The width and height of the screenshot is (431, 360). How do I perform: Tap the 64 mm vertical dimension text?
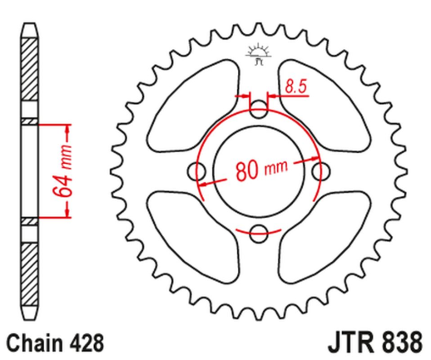pyautogui.click(x=58, y=172)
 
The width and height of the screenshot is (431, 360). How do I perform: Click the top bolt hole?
pyautogui.click(x=259, y=110)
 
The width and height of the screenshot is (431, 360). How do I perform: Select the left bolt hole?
pyautogui.click(x=198, y=170)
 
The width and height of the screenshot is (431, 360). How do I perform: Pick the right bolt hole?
pyautogui.click(x=320, y=170)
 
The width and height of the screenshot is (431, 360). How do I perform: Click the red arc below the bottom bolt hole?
pyautogui.click(x=259, y=247)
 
